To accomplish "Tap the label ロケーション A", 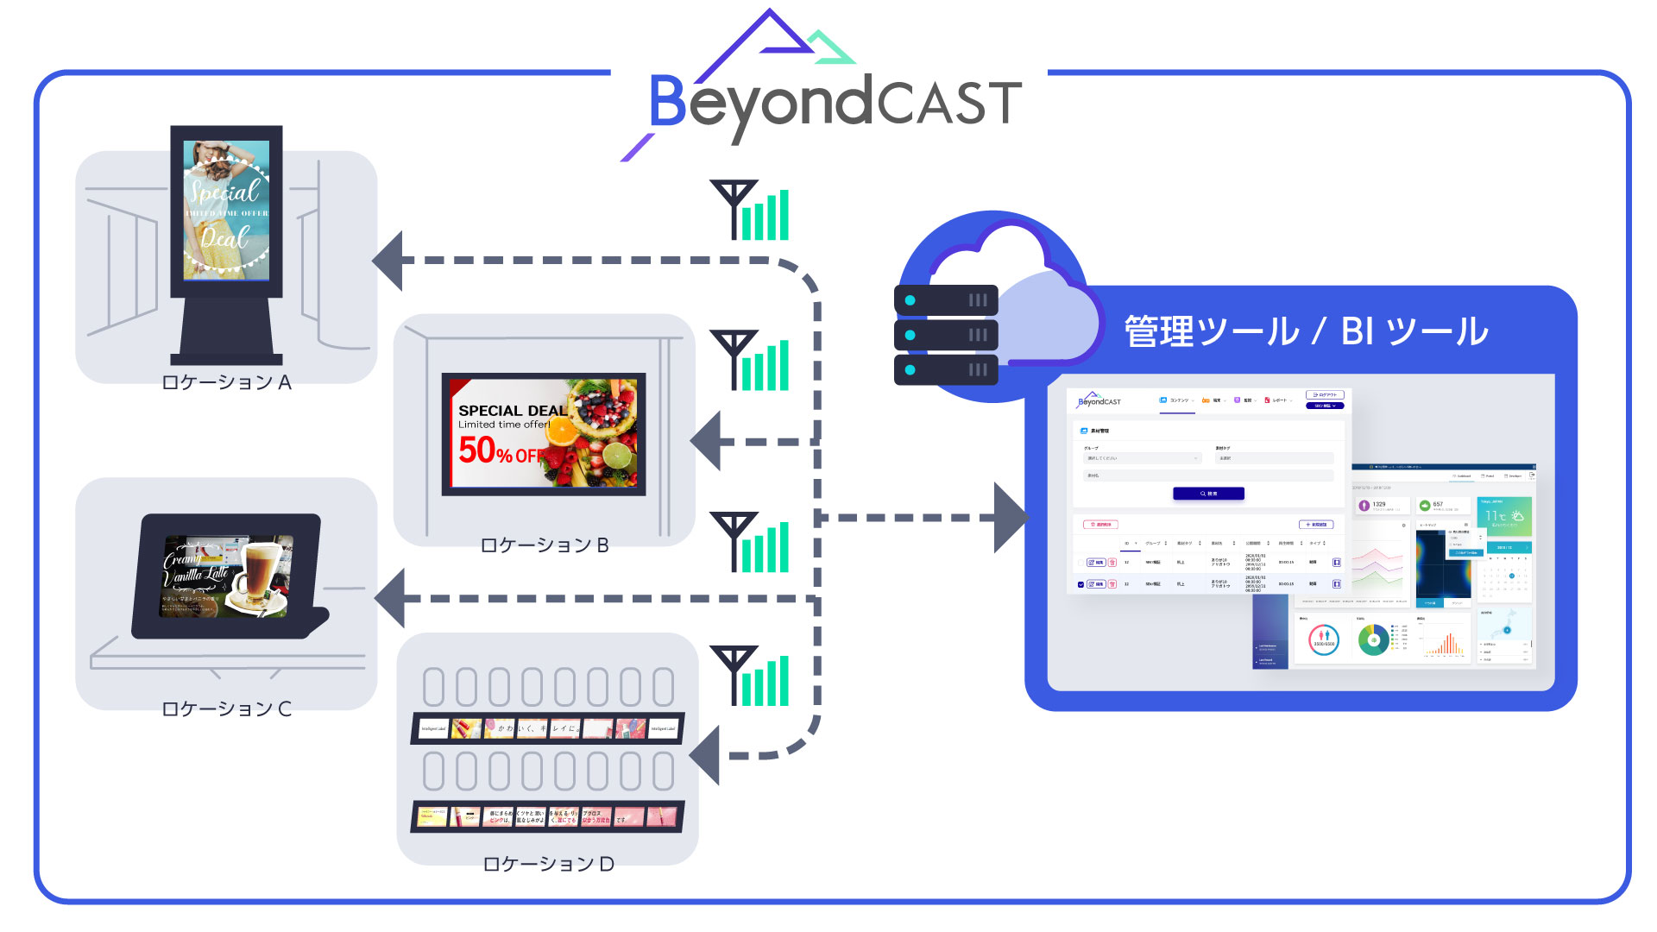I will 226,382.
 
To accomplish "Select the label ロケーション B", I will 545,545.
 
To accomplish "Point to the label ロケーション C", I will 226,708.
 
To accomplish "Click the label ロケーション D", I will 548,864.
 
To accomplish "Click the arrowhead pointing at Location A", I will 389,260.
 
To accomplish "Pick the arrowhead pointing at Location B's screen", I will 708,441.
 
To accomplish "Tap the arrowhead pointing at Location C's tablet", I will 392,598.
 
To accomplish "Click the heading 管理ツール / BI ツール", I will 1306,331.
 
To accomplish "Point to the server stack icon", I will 946,335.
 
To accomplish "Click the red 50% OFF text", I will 499,450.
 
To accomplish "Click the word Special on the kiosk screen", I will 224,190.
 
